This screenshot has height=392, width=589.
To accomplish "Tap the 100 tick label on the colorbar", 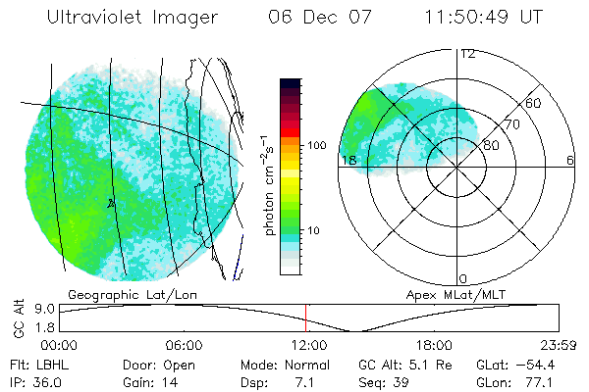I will coord(315,145).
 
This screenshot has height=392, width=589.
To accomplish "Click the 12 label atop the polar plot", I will coord(468,54).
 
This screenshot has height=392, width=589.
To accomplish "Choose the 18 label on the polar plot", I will coord(347,160).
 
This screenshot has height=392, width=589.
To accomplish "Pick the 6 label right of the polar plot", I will coord(570,160).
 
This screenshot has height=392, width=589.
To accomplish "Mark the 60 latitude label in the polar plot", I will coord(534,103).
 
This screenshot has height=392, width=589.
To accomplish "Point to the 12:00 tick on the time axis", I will coord(309,345).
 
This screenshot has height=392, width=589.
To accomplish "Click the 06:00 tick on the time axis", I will coord(184,345).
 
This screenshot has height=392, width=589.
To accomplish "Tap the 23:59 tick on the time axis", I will coord(557,345).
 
